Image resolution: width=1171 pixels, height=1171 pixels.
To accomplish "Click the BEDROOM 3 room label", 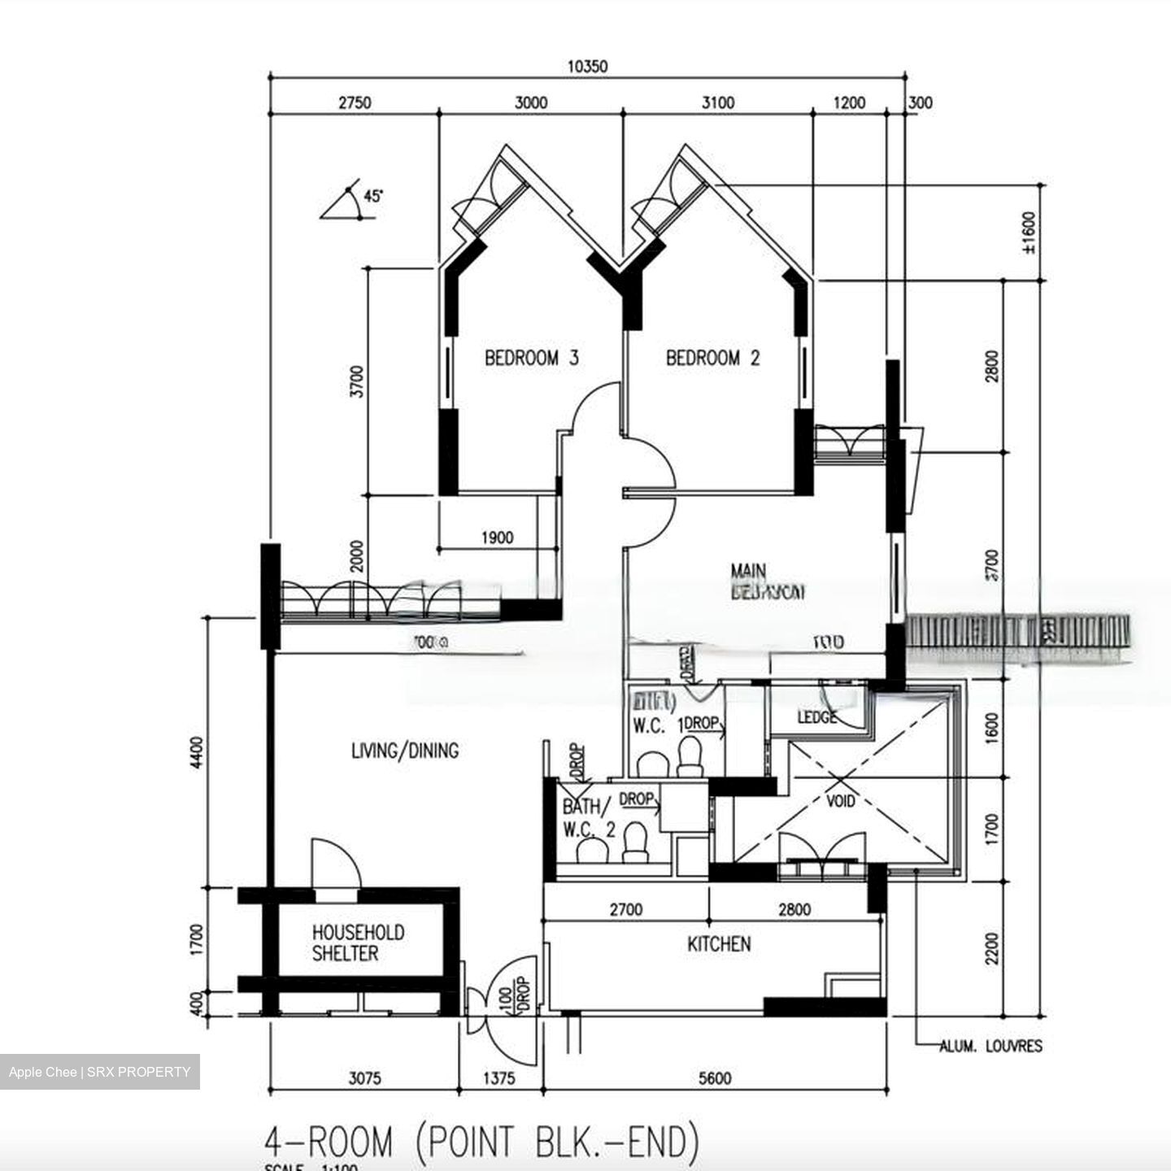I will pos(531,358).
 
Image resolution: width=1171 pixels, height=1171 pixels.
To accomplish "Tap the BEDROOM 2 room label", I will pos(712,358).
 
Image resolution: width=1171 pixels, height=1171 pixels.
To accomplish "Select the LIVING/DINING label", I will pos(404,750).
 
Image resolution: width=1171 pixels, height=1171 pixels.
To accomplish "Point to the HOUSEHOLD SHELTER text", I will pos(358,942).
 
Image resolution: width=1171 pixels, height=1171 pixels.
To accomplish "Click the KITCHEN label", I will pos(719,944).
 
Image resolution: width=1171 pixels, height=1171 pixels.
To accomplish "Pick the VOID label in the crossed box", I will pos(840,801).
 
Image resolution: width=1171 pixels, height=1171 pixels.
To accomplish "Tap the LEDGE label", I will pos(816,717).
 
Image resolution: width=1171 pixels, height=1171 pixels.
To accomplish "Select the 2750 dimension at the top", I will pos(355,102).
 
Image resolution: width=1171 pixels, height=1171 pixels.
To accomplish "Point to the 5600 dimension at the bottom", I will pos(714,1078).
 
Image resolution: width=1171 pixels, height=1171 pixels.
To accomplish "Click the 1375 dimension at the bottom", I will pos(499,1078).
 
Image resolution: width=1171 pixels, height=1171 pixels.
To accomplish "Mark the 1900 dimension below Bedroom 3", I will pos(497,538).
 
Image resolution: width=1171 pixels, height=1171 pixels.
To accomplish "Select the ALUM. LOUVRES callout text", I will pos(990,1047).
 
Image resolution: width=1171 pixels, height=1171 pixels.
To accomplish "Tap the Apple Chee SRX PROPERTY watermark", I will pos(99,1072).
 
